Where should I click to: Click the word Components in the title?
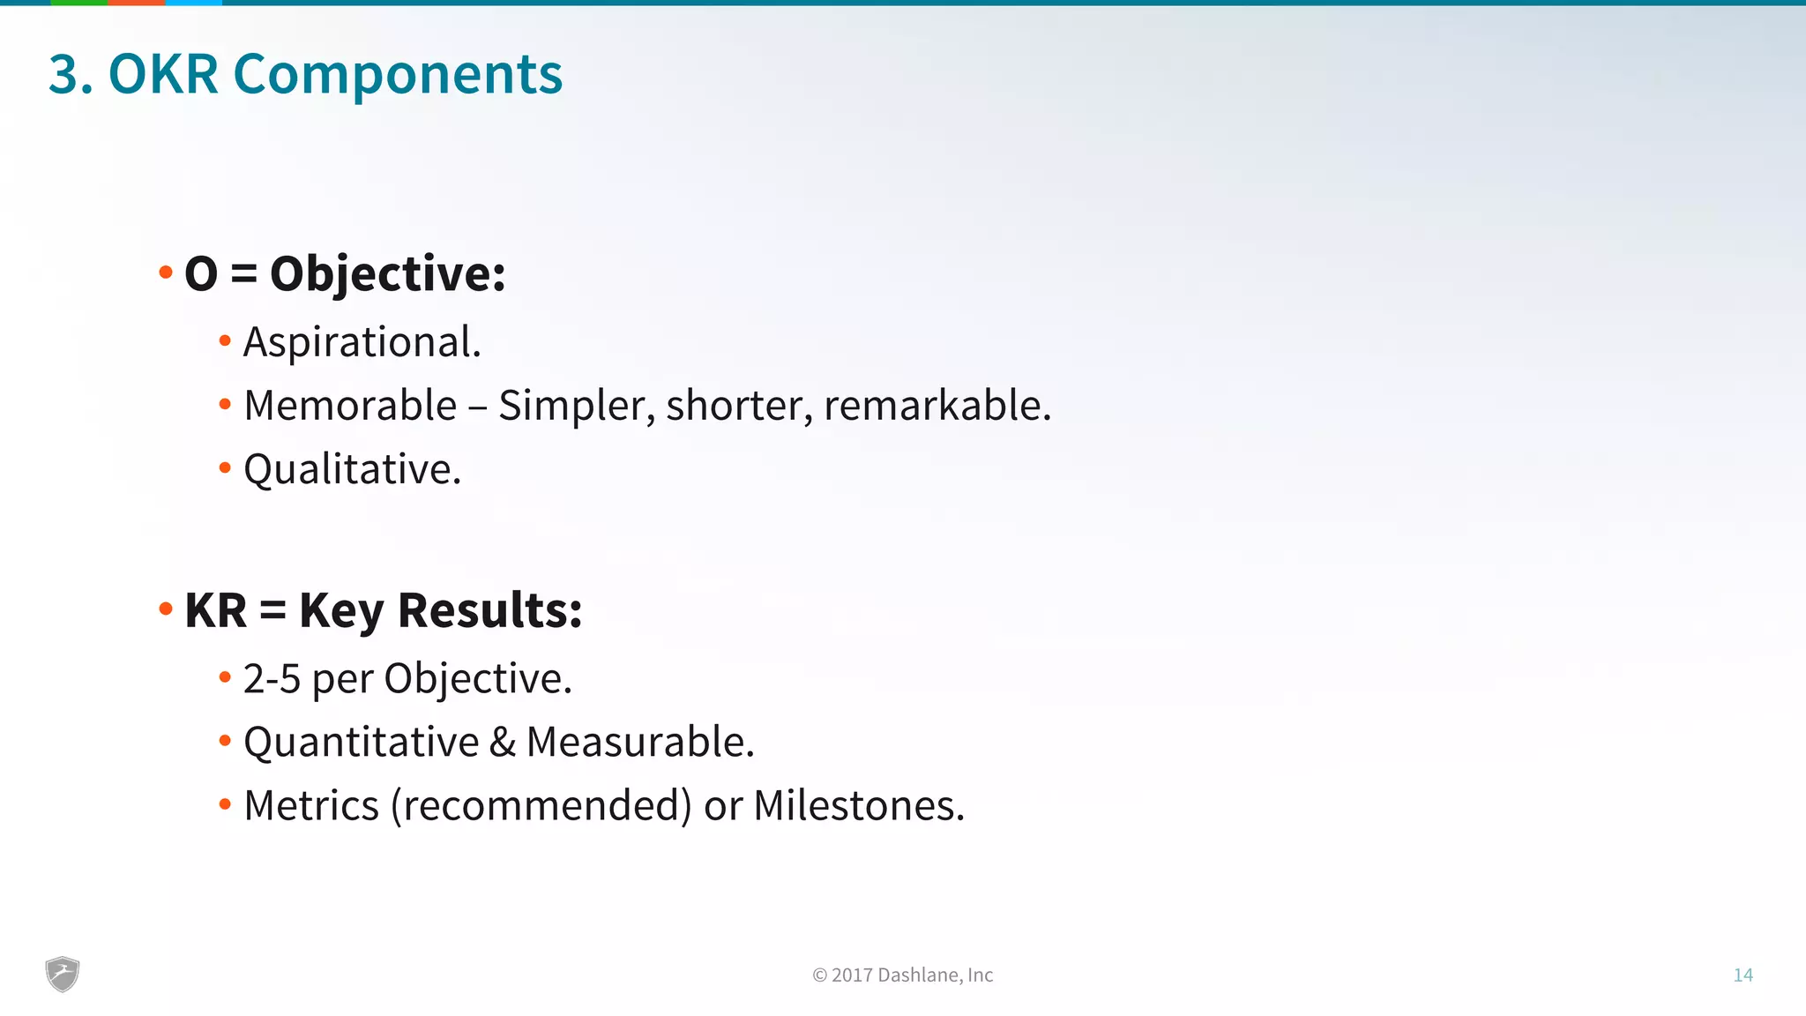398,75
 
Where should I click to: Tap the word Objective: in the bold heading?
387,274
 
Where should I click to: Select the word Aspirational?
362,342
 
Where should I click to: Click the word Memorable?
350,406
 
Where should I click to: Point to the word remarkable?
937,406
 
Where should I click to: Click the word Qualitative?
352,469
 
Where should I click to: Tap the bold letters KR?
216,610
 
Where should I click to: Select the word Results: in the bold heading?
489,610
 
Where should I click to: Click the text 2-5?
272,679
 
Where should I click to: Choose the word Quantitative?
361,743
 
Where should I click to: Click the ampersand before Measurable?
503,743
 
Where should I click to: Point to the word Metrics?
311,806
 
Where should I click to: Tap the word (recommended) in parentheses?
541,806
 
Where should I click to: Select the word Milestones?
859,806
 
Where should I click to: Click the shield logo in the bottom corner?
63,975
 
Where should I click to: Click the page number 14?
1743,975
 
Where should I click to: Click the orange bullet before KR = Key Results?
166,609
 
